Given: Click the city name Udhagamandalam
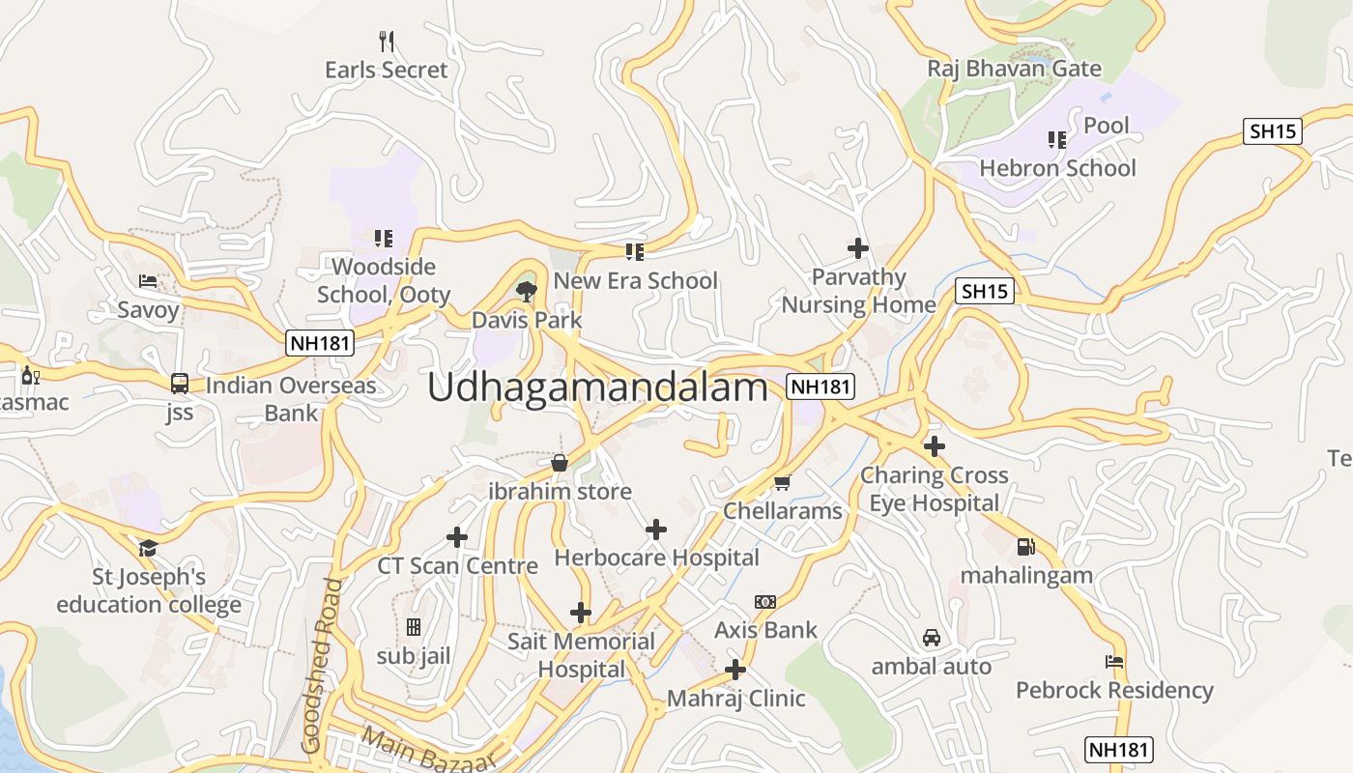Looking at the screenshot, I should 597,387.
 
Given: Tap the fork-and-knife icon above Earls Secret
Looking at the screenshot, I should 387,41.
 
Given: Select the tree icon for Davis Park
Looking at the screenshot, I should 527,290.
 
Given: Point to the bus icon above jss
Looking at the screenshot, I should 180,383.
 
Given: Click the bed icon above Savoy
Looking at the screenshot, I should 148,281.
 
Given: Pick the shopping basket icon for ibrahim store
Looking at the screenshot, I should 559,463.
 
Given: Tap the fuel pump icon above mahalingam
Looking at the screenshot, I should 1025,546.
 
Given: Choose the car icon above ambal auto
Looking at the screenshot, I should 932,638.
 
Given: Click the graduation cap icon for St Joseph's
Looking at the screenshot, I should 148,549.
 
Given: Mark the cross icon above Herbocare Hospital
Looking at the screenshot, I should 656,529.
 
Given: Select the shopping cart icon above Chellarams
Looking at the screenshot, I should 783,481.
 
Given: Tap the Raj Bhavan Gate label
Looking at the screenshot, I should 1014,69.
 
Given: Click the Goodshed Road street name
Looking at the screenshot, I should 323,666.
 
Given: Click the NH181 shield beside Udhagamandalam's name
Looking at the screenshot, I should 820,386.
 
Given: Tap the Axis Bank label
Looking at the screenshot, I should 765,630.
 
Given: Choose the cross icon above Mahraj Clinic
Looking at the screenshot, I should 735,669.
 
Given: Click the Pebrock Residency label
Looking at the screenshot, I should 1114,690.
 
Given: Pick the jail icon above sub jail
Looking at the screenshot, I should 414,628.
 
